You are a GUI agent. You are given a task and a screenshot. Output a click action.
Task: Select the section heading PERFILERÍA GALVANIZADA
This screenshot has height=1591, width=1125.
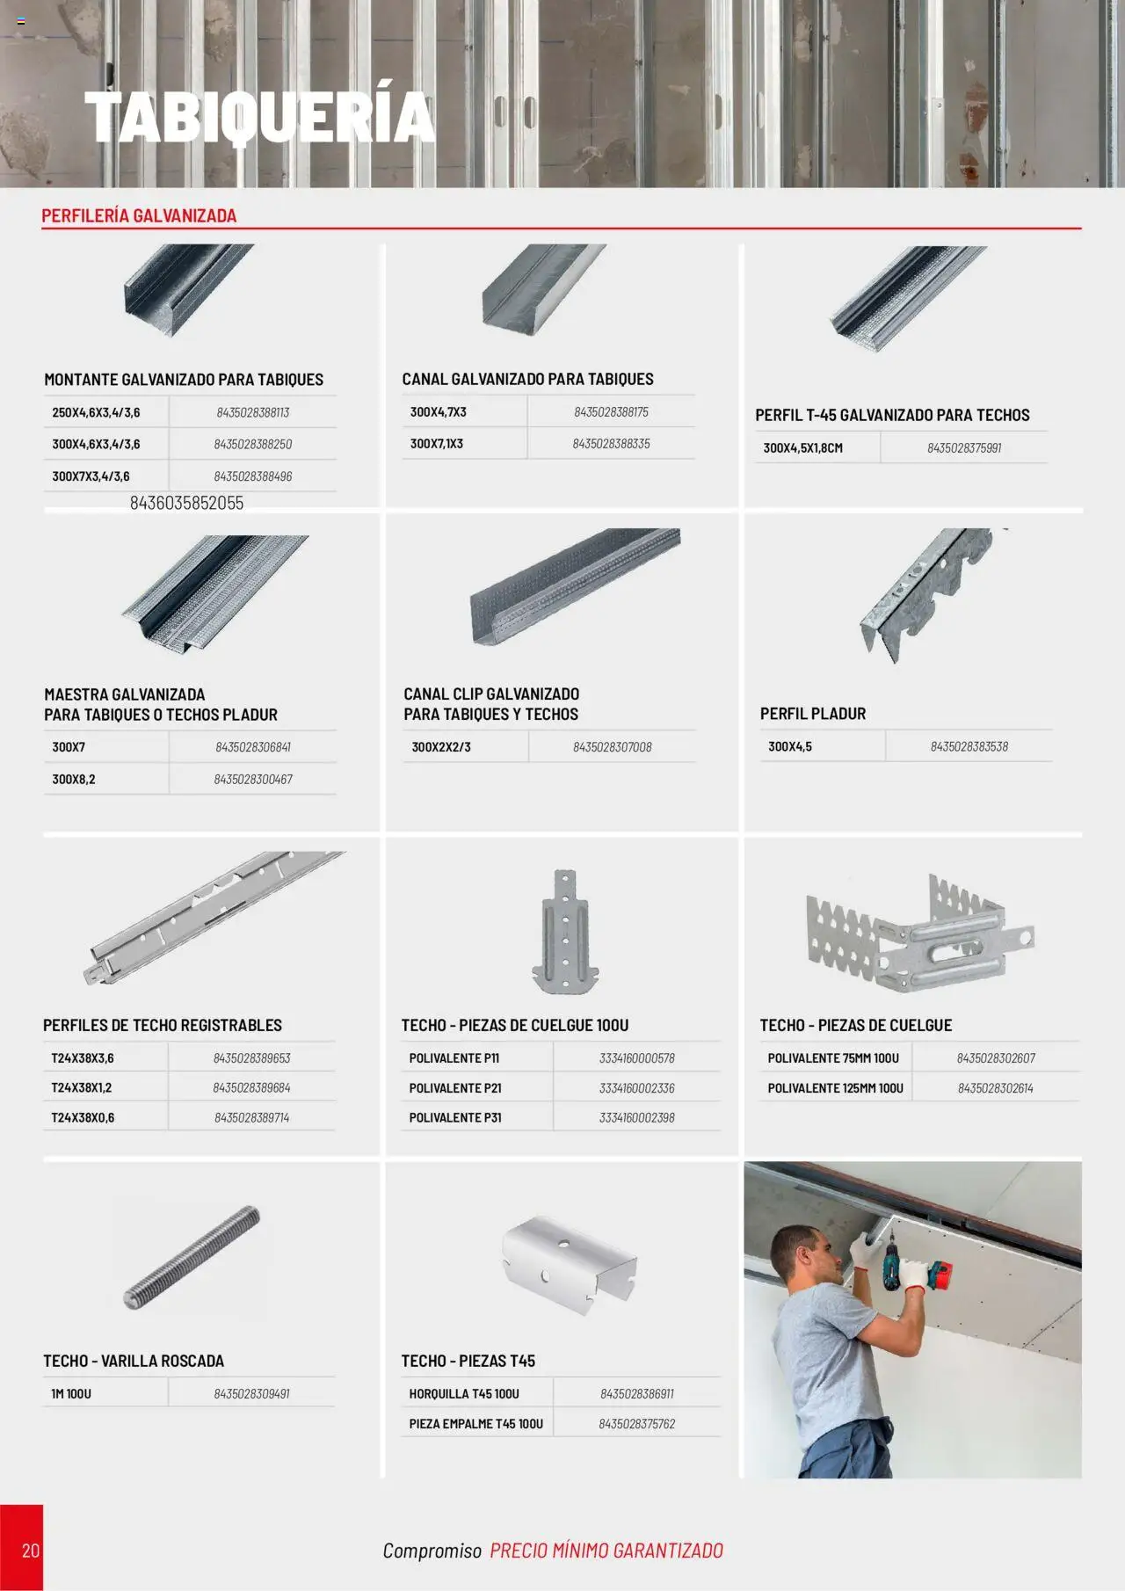point(139,215)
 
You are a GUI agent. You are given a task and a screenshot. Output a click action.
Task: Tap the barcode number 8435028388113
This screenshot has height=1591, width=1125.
point(252,412)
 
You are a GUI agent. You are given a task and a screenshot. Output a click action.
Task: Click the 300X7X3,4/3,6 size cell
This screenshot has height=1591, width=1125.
point(91,476)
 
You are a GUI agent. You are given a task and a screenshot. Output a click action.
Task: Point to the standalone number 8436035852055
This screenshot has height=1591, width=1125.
point(186,503)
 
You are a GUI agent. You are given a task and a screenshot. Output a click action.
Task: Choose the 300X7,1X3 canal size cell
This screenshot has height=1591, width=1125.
point(437,444)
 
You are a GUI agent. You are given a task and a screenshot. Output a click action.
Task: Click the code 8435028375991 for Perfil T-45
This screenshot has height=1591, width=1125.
point(963,448)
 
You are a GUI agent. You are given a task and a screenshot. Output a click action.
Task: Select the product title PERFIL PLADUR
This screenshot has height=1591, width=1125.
point(813,714)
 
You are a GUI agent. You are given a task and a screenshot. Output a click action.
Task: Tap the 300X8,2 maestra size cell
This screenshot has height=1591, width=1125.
point(74,780)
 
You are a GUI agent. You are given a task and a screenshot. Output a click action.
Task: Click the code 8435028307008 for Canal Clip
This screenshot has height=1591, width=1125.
point(612,747)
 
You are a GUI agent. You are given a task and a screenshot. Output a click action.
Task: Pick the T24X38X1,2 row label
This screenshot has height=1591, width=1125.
point(82,1087)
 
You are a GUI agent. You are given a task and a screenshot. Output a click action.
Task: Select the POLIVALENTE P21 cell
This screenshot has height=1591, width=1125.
point(455,1088)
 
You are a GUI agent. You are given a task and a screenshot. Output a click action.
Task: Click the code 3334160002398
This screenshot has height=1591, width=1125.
point(636,1118)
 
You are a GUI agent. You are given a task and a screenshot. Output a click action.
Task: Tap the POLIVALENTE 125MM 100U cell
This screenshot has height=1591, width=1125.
point(835,1088)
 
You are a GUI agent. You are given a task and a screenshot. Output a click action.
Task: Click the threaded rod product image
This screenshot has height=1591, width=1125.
point(192,1257)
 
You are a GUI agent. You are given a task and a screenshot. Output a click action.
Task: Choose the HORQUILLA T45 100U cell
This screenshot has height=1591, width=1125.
point(464,1394)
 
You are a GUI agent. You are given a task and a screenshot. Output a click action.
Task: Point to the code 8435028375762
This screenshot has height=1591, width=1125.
point(636,1424)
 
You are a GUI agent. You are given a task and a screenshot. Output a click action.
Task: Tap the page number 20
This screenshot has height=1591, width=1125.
point(31,1551)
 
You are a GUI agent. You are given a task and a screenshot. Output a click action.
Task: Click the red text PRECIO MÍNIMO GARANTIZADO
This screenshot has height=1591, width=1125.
point(606,1551)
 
